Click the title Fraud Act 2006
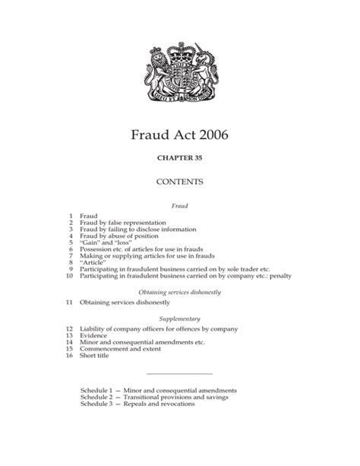pos(179,139)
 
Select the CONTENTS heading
pos(179,182)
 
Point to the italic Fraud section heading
pos(179,205)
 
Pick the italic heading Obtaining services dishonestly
pos(179,292)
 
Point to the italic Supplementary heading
pos(179,319)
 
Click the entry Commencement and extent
pos(121,349)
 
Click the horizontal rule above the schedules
pos(179,374)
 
